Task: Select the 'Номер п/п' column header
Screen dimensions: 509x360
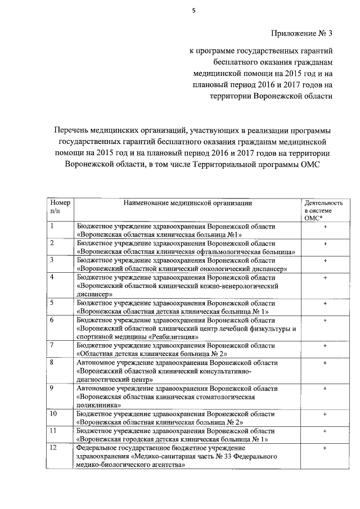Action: click(59, 206)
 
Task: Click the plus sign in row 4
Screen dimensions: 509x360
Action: click(325, 278)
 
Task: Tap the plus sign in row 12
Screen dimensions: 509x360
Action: click(325, 448)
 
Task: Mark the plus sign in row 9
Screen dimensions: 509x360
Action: click(325, 388)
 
